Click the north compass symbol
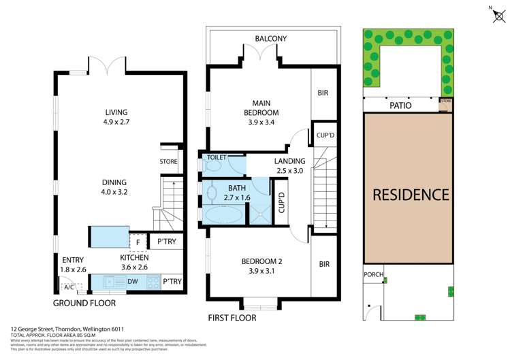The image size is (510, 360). coord(497,16)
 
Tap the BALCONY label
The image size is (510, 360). coord(271,39)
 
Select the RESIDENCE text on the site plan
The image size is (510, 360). coord(411,195)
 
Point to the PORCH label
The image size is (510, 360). coord(373,276)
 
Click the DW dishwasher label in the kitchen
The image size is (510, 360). coord(133,281)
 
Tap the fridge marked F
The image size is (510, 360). coord(138,241)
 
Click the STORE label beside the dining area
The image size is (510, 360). coord(168,162)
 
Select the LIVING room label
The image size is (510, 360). coord(116,112)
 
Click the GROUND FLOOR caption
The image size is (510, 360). coord(84,304)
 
